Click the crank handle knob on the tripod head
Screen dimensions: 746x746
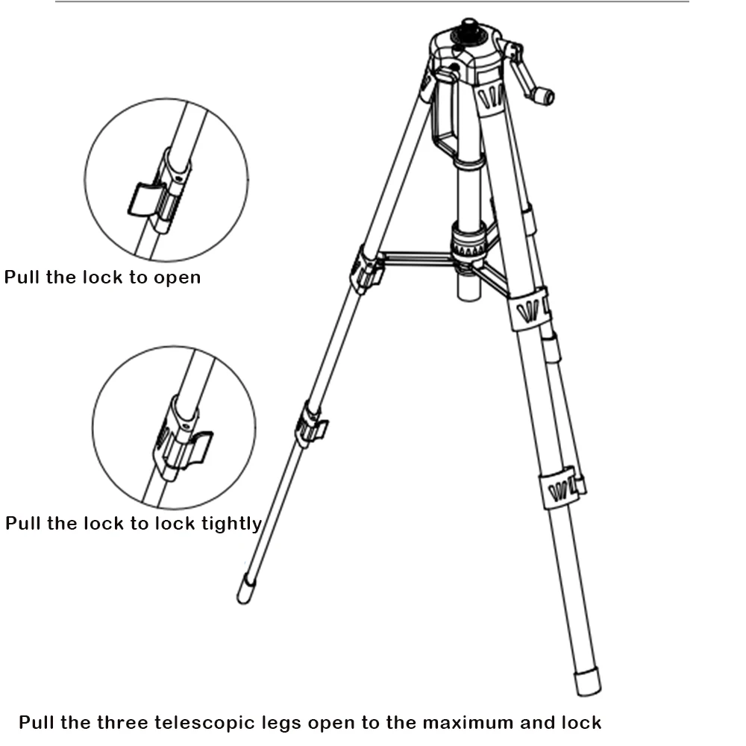pyautogui.click(x=545, y=95)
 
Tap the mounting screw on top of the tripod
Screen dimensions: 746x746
pyautogui.click(x=468, y=26)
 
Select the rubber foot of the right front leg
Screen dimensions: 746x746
pyautogui.click(x=587, y=680)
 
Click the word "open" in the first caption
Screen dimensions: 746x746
pyautogui.click(x=177, y=278)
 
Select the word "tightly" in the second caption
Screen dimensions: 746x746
pyautogui.click(x=231, y=524)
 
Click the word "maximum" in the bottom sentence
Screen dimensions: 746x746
pyautogui.click(x=468, y=722)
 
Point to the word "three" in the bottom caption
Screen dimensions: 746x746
pyautogui.click(x=122, y=722)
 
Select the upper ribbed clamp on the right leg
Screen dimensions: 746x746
pyautogui.click(x=530, y=308)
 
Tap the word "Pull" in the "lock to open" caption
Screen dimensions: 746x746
pyautogui.click(x=22, y=278)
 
